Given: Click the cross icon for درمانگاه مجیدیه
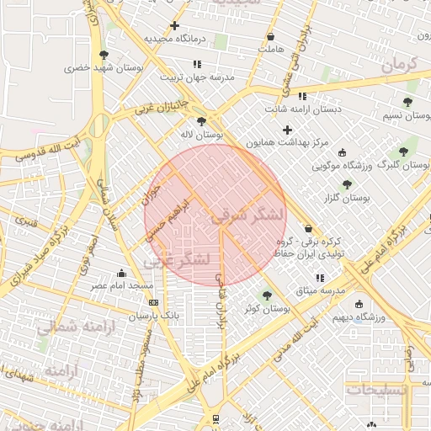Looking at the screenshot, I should pos(174,25).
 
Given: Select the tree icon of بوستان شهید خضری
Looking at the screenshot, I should pos(104,54).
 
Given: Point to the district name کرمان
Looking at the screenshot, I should pos(397,65).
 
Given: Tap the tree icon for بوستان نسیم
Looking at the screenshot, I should pos(407,103).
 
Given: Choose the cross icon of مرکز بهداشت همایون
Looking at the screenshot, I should pos(288,130).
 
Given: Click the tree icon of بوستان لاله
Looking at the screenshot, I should pos(200,121).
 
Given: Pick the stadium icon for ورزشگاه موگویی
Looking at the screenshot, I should pos(342,152).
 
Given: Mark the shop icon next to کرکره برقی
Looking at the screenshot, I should pos(308,229).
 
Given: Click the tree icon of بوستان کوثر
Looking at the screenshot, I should pos(267,295).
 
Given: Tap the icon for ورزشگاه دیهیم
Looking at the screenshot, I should pos(359,304).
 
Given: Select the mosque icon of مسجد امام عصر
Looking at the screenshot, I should pos(122,273).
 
